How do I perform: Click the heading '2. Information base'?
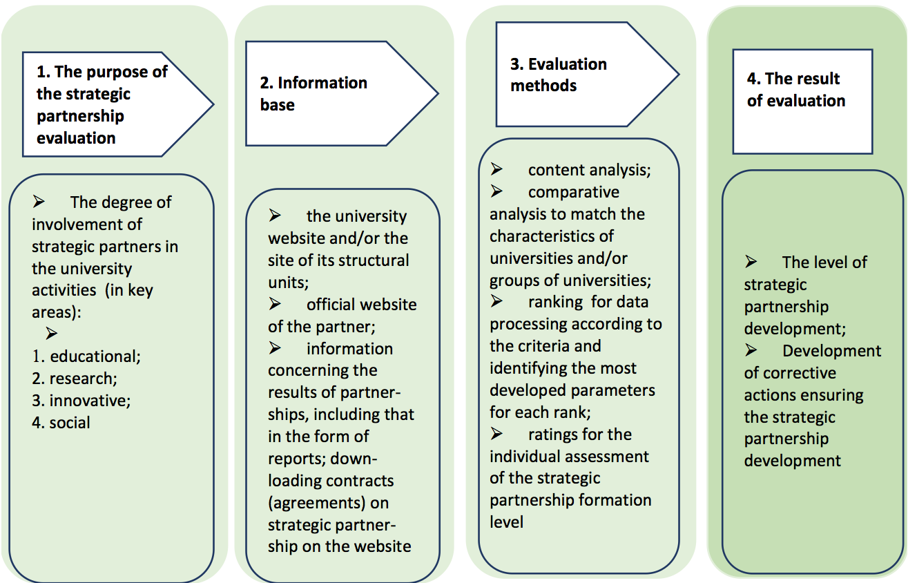click(x=313, y=94)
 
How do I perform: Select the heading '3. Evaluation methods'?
click(x=559, y=75)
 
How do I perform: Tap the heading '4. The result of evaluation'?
click(x=796, y=89)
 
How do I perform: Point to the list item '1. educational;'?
click(x=86, y=356)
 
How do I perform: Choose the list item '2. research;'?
click(x=75, y=379)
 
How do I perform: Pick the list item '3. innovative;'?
click(x=81, y=401)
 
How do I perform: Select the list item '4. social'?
click(x=61, y=423)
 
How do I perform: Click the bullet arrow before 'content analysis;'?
click(x=496, y=169)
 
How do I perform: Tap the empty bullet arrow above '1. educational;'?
click(x=52, y=333)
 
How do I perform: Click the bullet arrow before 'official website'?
click(x=275, y=304)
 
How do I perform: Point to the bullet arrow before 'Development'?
click(x=751, y=350)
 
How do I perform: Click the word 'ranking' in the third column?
click(x=556, y=302)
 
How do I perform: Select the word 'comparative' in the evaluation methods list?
click(x=574, y=192)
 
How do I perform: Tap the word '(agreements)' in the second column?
click(x=317, y=503)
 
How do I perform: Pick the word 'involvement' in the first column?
click(x=87, y=224)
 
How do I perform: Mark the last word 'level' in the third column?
click(x=506, y=522)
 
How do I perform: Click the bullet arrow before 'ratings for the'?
click(x=496, y=433)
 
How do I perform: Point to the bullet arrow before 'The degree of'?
click(x=39, y=201)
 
